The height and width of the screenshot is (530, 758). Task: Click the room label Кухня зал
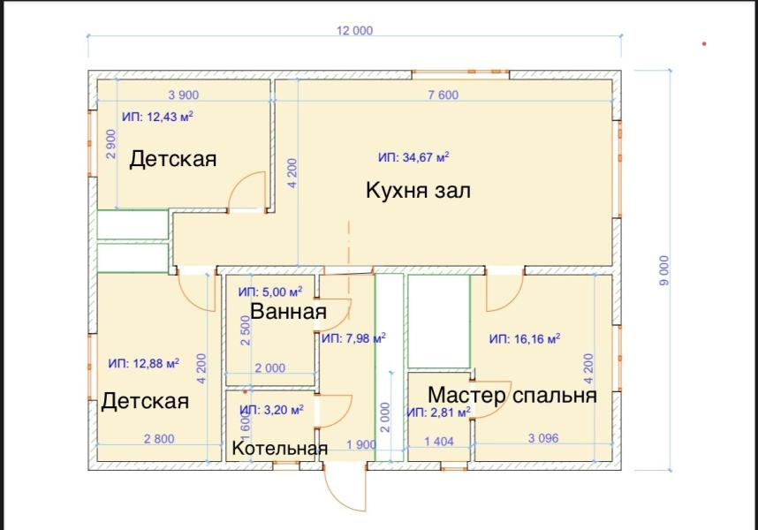point(419,191)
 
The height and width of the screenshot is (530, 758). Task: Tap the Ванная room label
point(288,311)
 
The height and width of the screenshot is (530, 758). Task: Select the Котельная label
point(279,449)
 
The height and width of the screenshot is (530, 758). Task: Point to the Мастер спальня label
point(512,395)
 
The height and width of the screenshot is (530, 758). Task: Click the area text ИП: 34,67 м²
point(413,157)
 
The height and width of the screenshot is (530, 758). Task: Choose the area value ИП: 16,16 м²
point(526,338)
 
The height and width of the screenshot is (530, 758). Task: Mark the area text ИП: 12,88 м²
point(143,363)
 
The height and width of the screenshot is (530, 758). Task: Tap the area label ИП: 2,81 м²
point(438,412)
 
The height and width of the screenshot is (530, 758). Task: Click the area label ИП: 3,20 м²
point(271,410)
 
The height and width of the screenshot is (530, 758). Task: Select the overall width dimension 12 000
point(354,30)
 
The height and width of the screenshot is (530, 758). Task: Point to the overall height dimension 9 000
point(664,269)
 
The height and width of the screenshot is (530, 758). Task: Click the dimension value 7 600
point(443,95)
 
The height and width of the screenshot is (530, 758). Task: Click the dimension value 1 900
point(361,444)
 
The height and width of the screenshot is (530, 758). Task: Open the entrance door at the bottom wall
point(343,487)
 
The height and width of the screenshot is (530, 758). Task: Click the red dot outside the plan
point(704,42)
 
